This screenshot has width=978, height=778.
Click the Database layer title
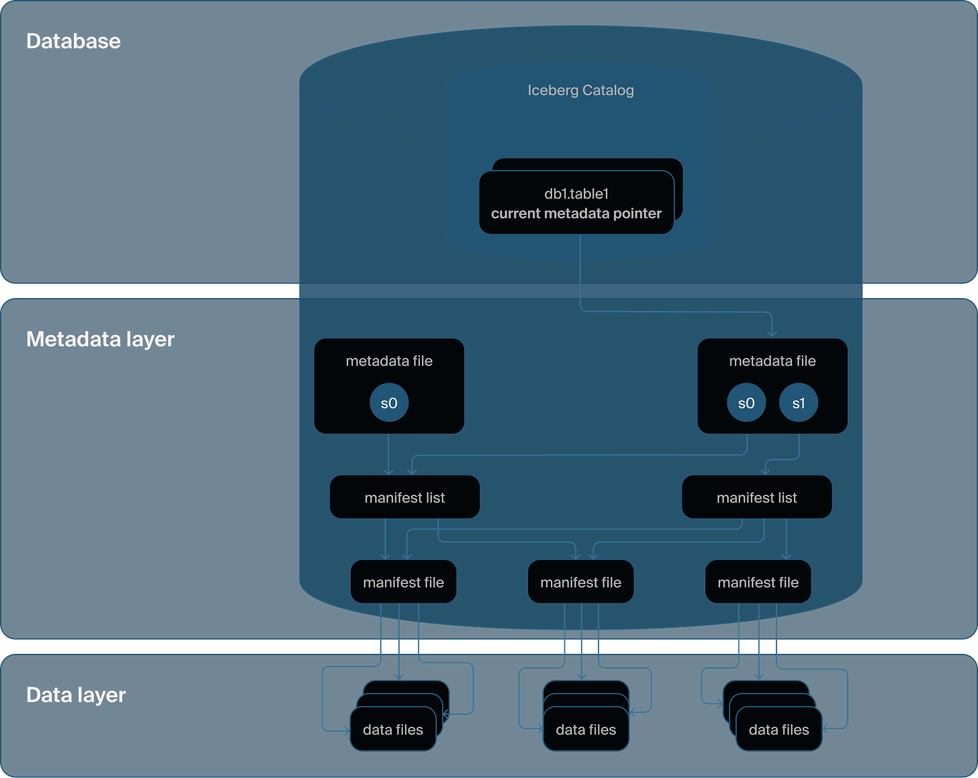click(x=73, y=42)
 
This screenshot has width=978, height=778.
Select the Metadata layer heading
click(x=100, y=339)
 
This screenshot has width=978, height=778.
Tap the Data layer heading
click(x=75, y=695)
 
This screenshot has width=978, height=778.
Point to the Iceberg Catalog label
click(x=580, y=91)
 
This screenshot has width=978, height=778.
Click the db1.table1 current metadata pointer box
click(x=576, y=203)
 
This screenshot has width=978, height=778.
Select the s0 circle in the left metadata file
click(x=389, y=403)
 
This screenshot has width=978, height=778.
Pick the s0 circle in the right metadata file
click(x=746, y=403)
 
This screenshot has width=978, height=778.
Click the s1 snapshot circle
click(x=799, y=403)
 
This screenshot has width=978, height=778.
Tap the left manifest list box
click(x=404, y=497)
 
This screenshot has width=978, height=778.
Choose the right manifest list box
click(x=757, y=497)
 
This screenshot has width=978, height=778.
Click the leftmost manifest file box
click(x=403, y=582)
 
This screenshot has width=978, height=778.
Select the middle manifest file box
click(x=580, y=582)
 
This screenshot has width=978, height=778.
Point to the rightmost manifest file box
click(x=758, y=582)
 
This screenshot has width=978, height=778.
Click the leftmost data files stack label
click(x=393, y=730)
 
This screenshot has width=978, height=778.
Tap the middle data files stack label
click(x=586, y=730)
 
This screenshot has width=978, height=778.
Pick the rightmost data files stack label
click(x=779, y=730)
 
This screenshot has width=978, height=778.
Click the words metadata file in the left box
click(x=389, y=361)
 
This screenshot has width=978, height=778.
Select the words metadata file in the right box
click(x=772, y=361)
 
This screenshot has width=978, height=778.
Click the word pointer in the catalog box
click(x=637, y=213)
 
